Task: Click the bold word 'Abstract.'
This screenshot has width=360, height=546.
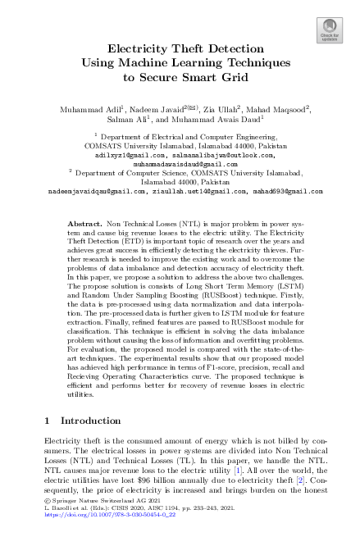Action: coord(87,223)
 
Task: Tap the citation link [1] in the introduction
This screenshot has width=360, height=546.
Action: coord(236,472)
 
